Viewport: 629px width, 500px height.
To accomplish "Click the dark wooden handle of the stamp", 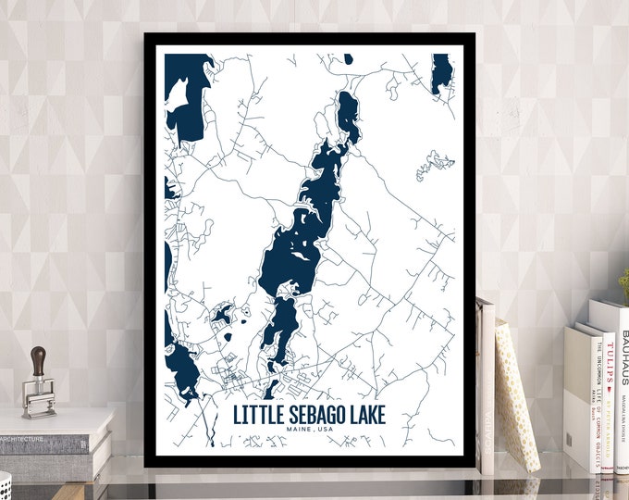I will pos(39,361).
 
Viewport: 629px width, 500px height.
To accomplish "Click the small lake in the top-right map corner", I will pos(441,72).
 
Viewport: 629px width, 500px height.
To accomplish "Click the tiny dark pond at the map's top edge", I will pos(348,58).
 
